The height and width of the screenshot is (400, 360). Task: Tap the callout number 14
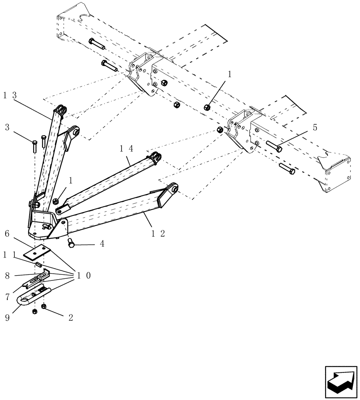point(126,148)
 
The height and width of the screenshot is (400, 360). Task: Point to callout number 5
point(315,128)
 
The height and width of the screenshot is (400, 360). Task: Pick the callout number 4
point(102,244)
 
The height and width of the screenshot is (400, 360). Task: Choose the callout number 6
point(7,233)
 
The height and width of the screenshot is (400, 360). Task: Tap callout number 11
point(10,254)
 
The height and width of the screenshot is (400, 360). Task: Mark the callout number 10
point(84,276)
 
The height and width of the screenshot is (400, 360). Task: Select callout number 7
point(7,297)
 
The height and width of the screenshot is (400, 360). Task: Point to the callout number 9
point(7,318)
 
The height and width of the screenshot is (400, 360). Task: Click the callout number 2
point(70,318)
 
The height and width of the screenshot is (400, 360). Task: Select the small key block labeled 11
point(38,264)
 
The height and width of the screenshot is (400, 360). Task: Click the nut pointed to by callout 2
point(44,307)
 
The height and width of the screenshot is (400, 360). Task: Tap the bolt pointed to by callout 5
point(274,146)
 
